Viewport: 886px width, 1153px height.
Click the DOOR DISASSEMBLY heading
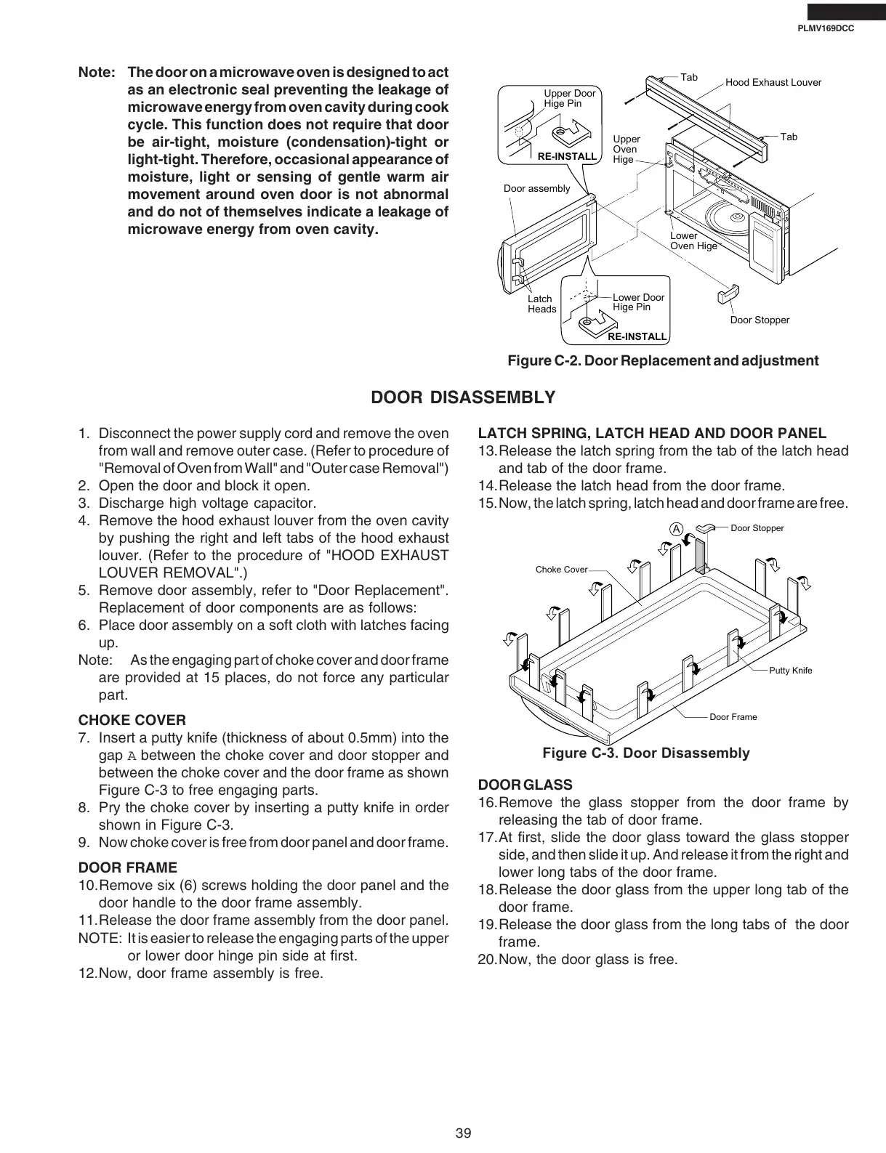tap(463, 397)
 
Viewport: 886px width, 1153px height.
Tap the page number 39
tap(464, 1133)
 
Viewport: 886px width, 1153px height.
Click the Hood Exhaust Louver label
tap(773, 82)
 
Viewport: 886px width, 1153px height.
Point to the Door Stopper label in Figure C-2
tap(759, 320)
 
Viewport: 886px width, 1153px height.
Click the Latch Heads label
tap(541, 304)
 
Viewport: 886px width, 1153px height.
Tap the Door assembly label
tap(536, 188)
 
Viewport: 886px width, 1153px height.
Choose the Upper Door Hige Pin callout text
tap(569, 98)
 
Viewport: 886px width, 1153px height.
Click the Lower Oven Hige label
tap(693, 240)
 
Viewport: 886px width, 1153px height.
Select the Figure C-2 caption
tap(662, 361)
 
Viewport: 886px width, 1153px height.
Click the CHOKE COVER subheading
tap(132, 720)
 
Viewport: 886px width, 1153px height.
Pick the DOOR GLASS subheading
tap(525, 785)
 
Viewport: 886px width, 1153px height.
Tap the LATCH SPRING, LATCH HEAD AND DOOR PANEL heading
tap(652, 433)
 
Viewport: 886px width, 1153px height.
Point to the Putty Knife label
tap(790, 670)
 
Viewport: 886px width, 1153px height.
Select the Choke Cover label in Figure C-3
tap(561, 570)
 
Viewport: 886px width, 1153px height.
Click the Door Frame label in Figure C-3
tap(733, 717)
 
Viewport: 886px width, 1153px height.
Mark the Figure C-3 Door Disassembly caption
tap(645, 753)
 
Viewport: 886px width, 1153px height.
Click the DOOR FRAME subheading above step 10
tap(127, 867)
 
